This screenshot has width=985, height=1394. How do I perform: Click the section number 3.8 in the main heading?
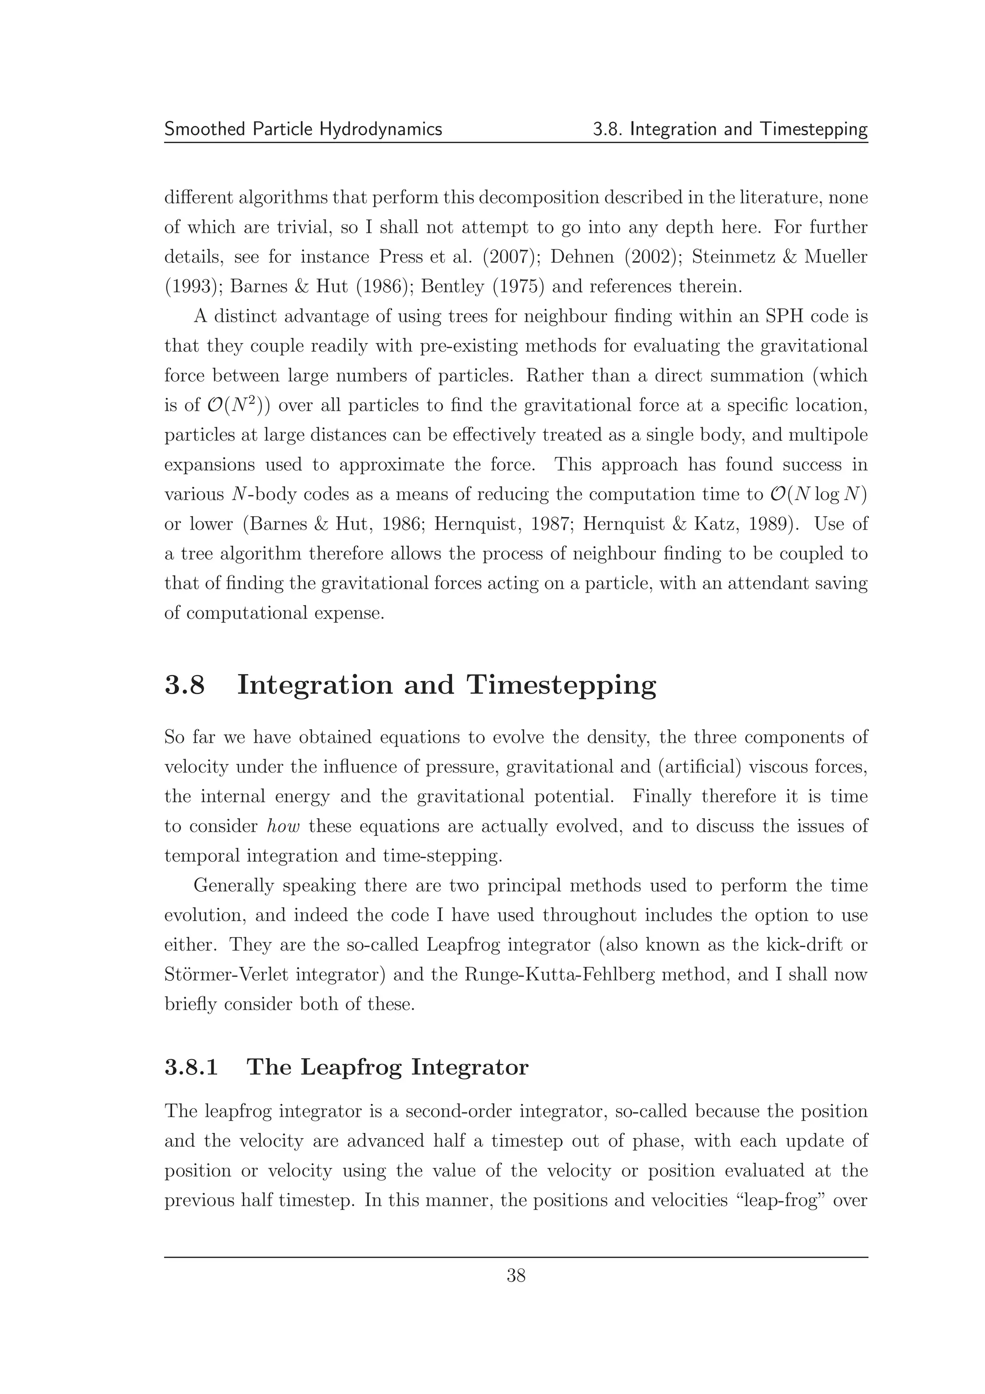pos(185,685)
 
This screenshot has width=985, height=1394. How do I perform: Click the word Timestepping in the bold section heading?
pos(561,686)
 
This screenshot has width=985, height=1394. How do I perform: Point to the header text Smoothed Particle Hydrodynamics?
pos(303,129)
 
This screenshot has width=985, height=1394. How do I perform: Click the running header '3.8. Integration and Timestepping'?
pos(730,129)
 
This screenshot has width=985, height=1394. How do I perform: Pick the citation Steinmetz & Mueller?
pos(780,257)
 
